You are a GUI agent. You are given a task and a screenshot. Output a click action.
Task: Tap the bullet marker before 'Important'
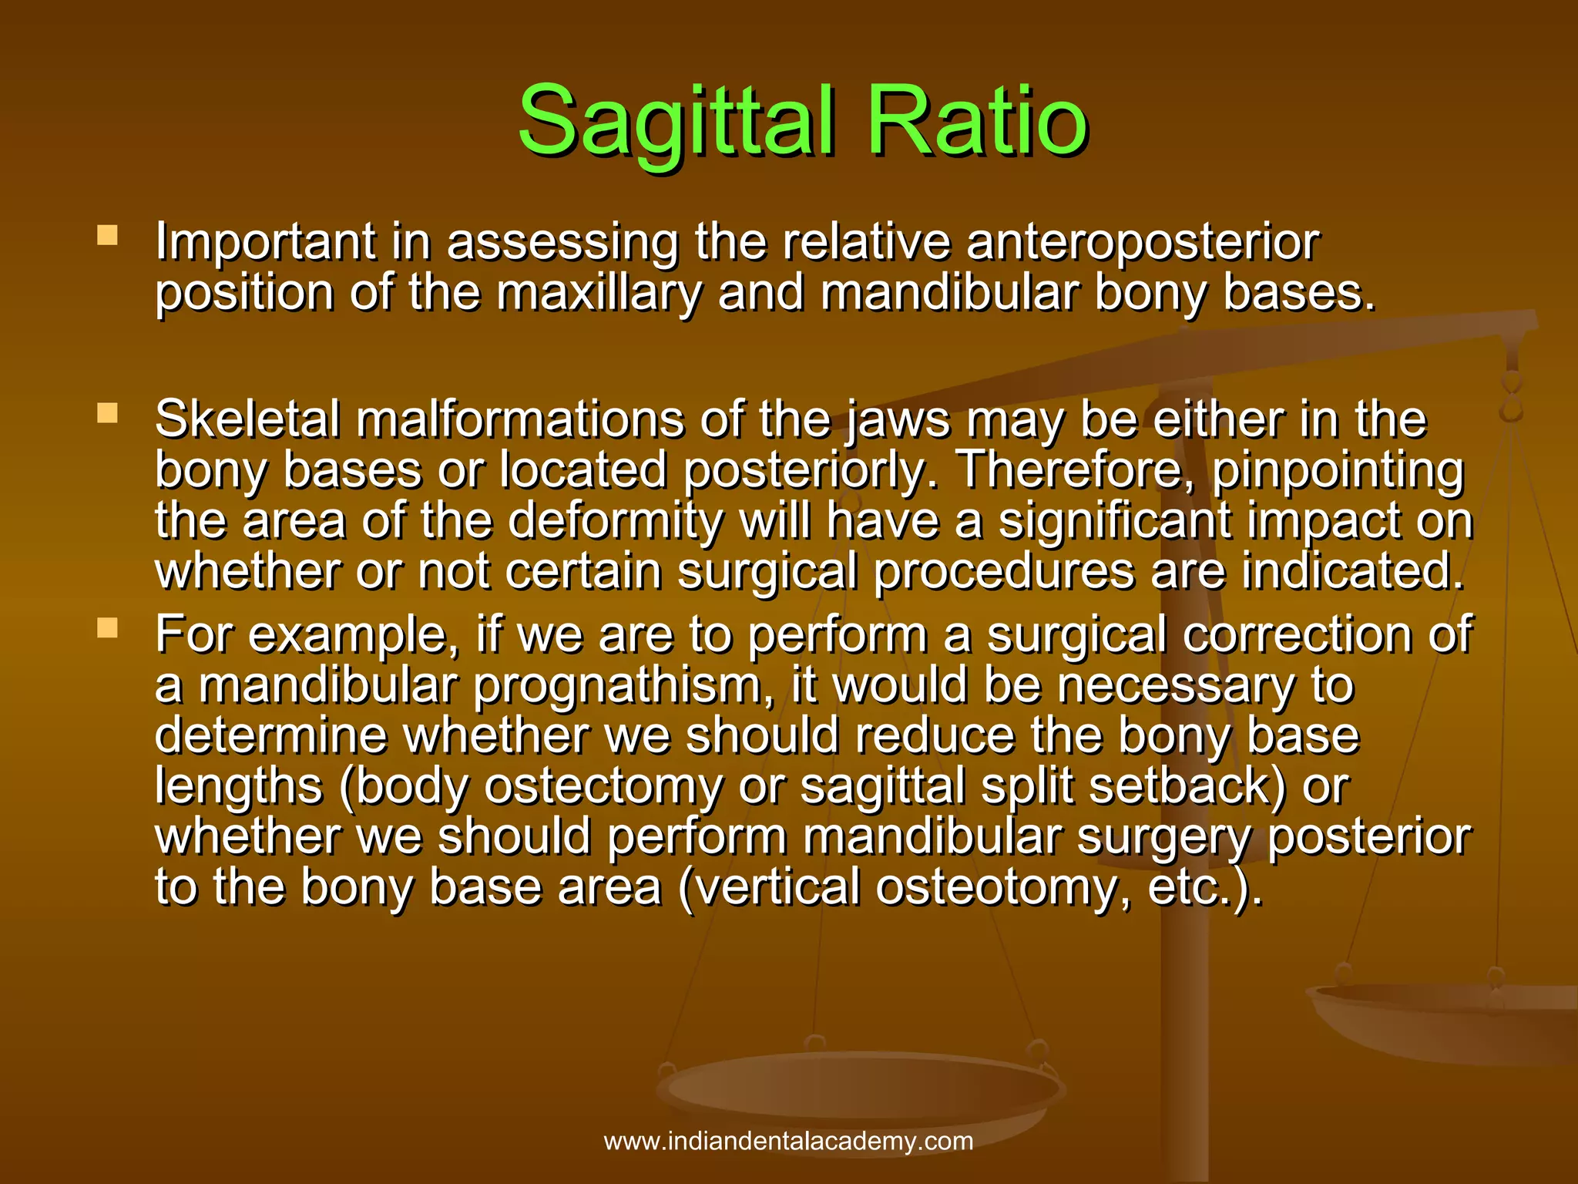coord(107,235)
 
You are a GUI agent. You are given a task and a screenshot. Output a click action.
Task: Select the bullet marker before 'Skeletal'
coord(107,414)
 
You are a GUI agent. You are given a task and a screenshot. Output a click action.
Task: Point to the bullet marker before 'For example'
coord(107,628)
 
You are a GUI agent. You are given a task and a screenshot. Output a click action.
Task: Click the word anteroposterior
coord(1143,243)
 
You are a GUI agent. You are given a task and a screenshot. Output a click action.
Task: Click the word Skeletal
coord(247,420)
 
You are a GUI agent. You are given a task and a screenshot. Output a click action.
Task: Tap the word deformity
coord(615,521)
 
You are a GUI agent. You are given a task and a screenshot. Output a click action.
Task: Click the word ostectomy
coord(603,787)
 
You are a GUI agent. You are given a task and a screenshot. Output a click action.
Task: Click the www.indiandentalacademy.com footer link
coord(788,1141)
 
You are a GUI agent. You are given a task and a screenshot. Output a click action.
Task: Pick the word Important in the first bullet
coord(265,243)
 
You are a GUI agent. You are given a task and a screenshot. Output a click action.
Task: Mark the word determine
coord(270,735)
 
